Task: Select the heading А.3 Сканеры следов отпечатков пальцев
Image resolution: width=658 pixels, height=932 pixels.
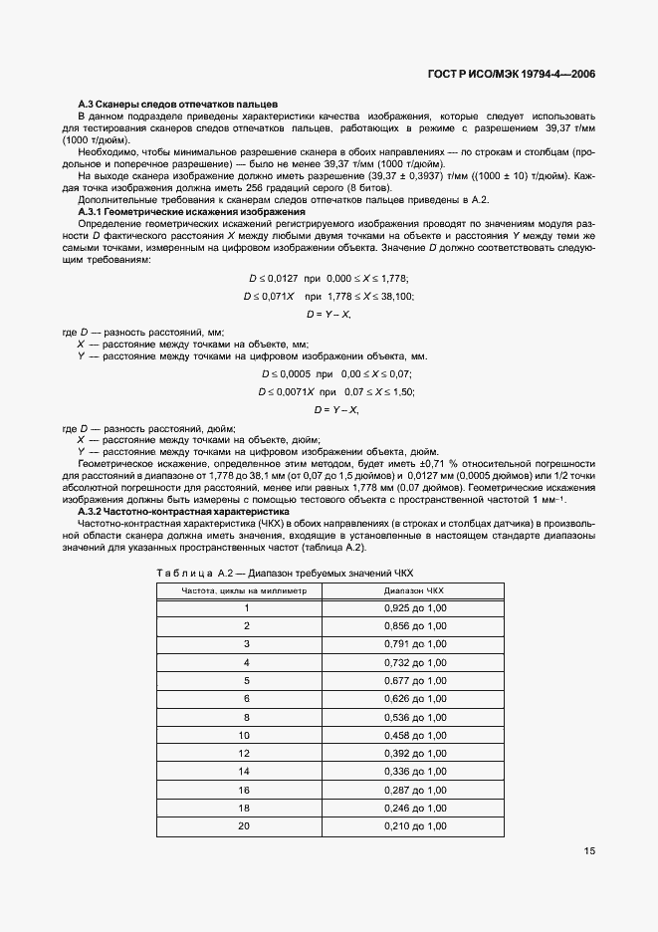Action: tap(178, 106)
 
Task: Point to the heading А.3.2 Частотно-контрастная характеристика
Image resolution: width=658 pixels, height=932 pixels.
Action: tap(183, 511)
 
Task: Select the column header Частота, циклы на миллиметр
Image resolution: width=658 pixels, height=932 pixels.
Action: tap(244, 590)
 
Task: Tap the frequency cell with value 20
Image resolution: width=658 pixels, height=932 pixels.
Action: tap(245, 826)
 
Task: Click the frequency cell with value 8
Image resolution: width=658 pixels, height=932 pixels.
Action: tap(245, 717)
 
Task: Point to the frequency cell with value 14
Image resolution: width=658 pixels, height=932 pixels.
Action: tap(245, 772)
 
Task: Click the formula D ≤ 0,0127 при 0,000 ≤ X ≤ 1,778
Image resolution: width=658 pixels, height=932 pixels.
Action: tap(329, 279)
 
